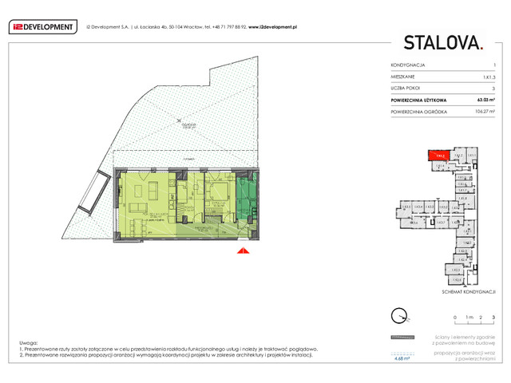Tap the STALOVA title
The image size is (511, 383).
(x=443, y=42)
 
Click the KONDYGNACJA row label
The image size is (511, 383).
(x=407, y=64)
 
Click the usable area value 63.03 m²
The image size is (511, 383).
(x=485, y=100)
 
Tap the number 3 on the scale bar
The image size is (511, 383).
(x=494, y=317)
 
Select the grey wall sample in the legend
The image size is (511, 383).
(x=404, y=337)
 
